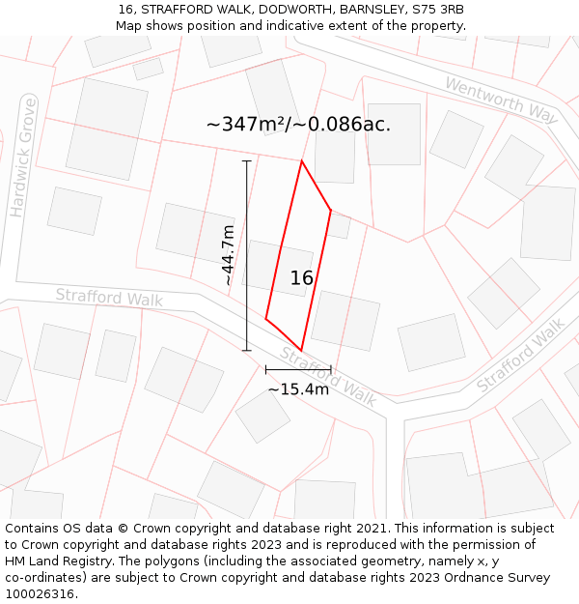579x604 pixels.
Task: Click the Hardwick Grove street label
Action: click(x=22, y=157)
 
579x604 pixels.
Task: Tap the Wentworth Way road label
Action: click(x=502, y=100)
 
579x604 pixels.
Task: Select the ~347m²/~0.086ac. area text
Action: click(x=298, y=125)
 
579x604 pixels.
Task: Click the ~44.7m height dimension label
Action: click(x=227, y=254)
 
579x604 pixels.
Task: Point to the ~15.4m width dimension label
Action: click(x=298, y=389)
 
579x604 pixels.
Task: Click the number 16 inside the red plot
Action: click(x=302, y=278)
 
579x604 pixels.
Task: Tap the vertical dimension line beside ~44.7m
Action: click(x=247, y=255)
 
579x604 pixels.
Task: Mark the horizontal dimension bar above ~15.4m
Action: click(x=298, y=369)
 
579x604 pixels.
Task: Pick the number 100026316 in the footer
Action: click(x=41, y=593)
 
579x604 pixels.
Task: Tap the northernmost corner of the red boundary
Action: click(x=301, y=161)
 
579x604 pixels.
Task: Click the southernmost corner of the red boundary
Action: click(x=302, y=350)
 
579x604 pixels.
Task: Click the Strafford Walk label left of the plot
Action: click(x=109, y=297)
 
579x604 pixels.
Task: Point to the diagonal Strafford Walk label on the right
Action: click(x=520, y=355)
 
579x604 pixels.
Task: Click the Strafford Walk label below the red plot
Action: click(x=329, y=377)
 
